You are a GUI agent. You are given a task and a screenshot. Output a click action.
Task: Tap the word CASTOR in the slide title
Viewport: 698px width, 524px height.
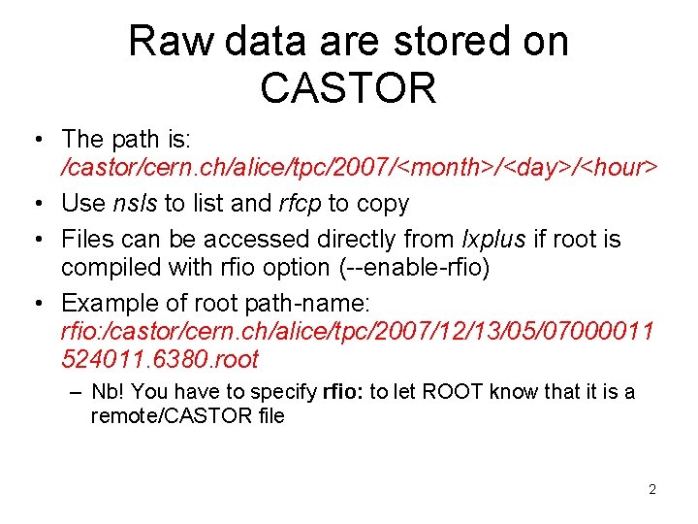pyautogui.click(x=348, y=87)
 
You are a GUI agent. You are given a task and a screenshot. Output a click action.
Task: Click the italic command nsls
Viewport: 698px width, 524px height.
pyautogui.click(x=139, y=204)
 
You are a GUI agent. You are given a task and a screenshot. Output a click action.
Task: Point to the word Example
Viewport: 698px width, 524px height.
pyautogui.click(x=106, y=301)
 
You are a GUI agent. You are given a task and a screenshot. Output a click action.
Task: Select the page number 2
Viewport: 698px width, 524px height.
pyautogui.click(x=652, y=489)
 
